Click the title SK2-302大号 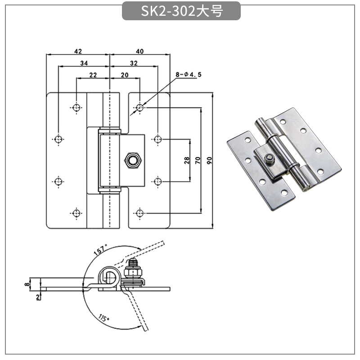181,11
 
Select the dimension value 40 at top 139,51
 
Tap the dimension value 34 84,63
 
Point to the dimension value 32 134,63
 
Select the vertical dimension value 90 208,160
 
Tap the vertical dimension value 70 197,160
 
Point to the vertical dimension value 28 186,160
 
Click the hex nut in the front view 132,160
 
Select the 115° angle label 104,318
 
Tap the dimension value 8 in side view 27,283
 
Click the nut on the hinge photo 269,158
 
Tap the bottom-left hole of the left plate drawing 76,212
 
